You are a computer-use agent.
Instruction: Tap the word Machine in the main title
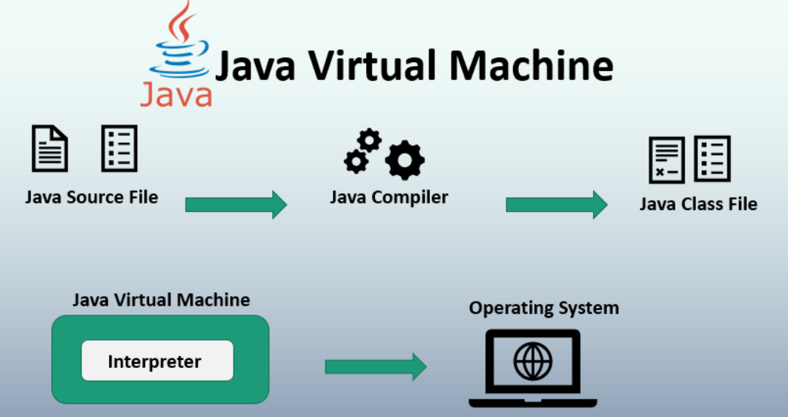click(x=531, y=66)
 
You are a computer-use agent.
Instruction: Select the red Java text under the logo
click(x=176, y=94)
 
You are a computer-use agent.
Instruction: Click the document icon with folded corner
click(x=50, y=148)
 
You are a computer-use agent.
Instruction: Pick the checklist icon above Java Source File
click(x=119, y=148)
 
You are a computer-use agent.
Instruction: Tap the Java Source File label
click(x=91, y=197)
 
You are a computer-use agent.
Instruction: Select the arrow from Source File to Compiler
click(x=236, y=205)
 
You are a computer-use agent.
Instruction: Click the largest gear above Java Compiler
click(x=404, y=160)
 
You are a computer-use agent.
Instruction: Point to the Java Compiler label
click(x=388, y=197)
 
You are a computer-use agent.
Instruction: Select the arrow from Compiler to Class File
click(x=556, y=205)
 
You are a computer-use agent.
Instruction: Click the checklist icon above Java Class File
click(x=712, y=159)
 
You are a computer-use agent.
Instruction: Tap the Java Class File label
click(x=698, y=204)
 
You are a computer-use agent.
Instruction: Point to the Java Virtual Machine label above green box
click(x=161, y=301)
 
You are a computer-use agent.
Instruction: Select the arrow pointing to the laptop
click(x=375, y=367)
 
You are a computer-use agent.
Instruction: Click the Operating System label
click(x=543, y=307)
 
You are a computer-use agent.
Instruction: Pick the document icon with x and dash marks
click(x=666, y=159)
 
